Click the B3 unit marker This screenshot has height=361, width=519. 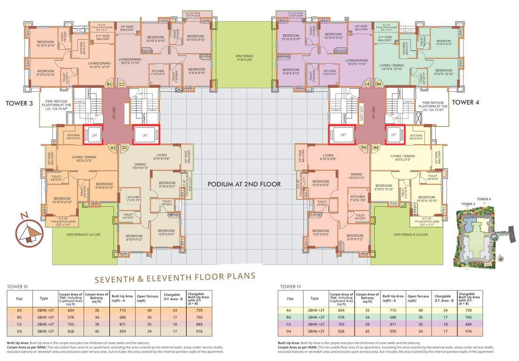(x=110, y=85)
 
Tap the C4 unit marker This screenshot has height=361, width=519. (x=367, y=84)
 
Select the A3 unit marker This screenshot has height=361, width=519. (x=112, y=148)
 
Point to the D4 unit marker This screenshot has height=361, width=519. (x=363, y=148)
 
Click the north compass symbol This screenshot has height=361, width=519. (x=27, y=231)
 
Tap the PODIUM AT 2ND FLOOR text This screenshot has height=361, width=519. (x=244, y=184)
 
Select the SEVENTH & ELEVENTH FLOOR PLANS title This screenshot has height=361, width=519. (x=175, y=278)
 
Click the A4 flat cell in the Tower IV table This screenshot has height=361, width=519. (x=290, y=310)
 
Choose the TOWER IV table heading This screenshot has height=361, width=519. (x=290, y=286)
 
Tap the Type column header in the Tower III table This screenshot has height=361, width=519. (x=44, y=298)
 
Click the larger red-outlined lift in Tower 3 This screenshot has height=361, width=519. (x=146, y=134)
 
